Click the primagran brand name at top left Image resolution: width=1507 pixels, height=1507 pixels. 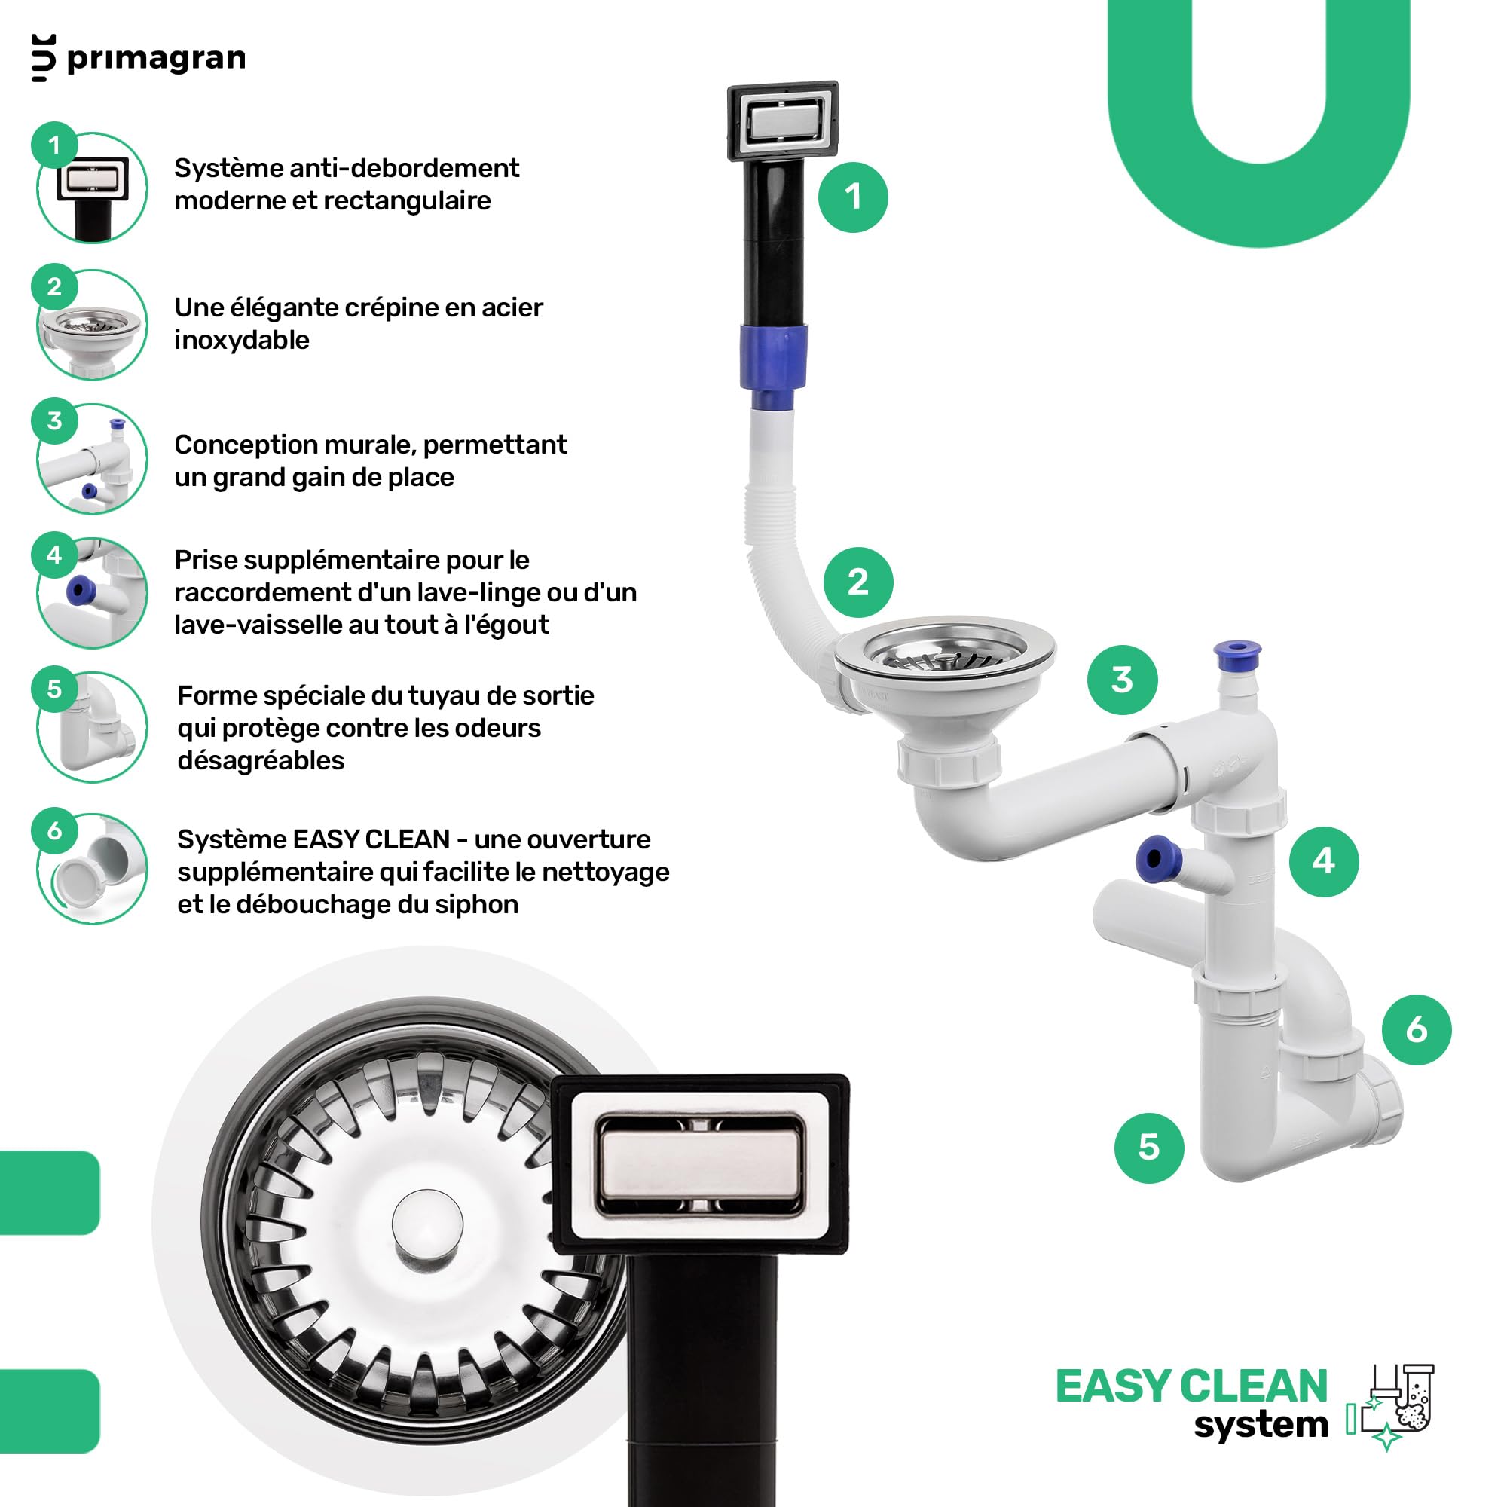[x=156, y=59]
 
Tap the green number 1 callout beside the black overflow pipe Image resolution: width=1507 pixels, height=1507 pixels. [x=852, y=197]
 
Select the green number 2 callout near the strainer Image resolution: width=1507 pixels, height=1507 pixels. [x=858, y=582]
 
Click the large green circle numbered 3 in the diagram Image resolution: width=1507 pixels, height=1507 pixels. [x=1122, y=680]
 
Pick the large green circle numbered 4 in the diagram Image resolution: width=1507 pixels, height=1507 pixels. [x=1324, y=861]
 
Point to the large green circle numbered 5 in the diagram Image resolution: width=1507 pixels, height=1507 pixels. [x=1149, y=1148]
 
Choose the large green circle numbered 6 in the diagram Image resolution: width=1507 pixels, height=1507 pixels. [x=1417, y=1029]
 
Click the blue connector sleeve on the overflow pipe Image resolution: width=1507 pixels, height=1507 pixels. [x=773, y=365]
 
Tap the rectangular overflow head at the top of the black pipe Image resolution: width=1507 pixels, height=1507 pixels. [x=782, y=121]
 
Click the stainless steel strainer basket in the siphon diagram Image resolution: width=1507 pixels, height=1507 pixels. [x=945, y=652]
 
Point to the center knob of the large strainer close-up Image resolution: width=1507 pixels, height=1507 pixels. [x=427, y=1222]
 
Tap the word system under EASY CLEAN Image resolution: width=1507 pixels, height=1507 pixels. [x=1261, y=1425]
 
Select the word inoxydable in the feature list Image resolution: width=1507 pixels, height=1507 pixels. [x=242, y=340]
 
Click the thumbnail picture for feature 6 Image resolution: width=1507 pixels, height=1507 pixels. [x=92, y=868]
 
